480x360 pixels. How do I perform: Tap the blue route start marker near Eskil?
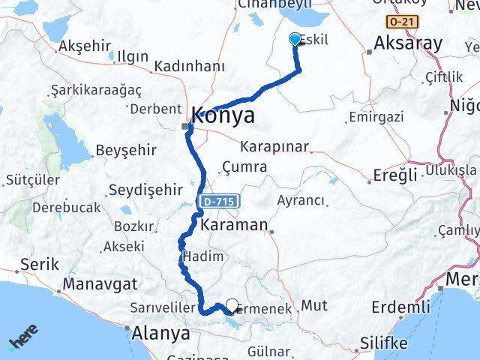click(295, 40)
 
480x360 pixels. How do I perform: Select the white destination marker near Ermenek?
click(232, 305)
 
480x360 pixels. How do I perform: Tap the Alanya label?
click(161, 333)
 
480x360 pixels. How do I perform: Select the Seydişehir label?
click(145, 190)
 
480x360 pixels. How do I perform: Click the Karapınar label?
click(273, 146)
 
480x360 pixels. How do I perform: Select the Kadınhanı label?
click(188, 67)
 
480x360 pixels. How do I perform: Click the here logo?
click(24, 340)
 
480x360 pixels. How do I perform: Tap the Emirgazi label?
click(376, 117)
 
